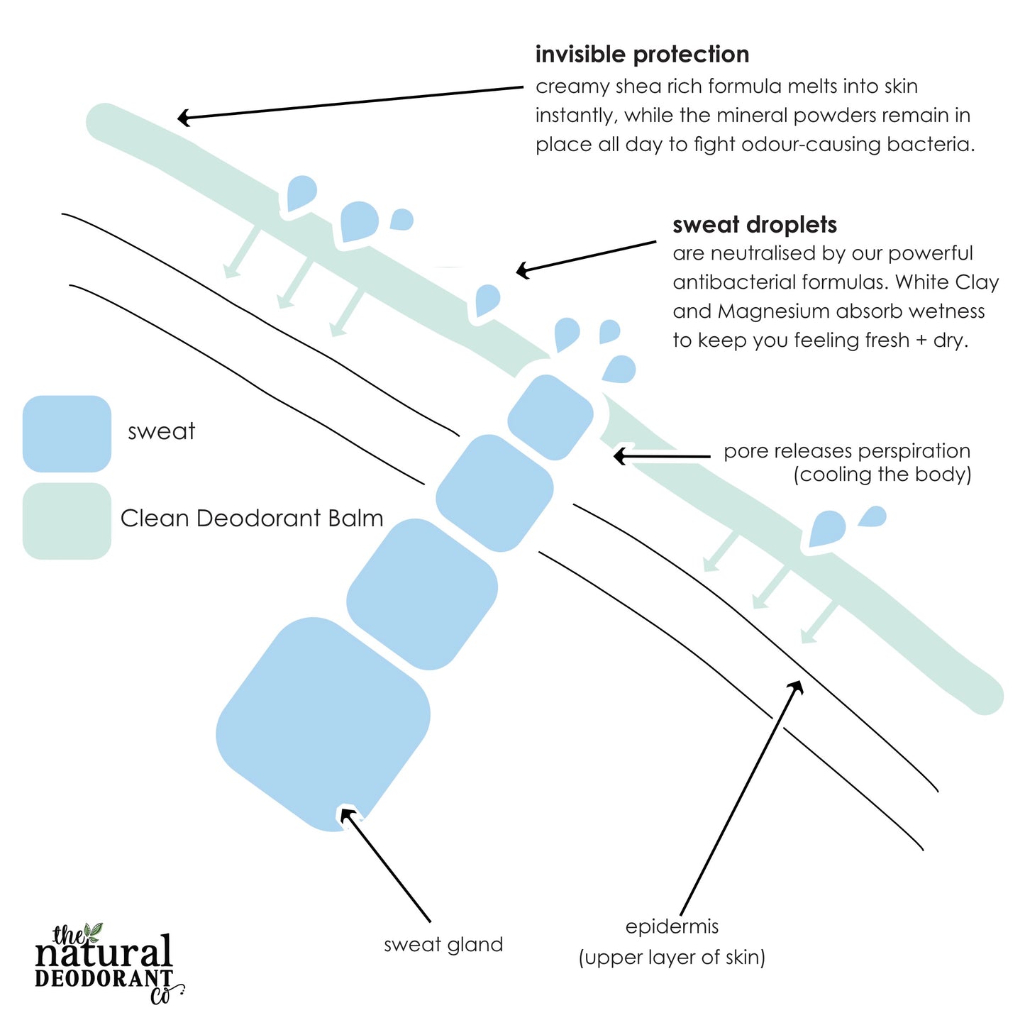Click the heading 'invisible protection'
tap(642, 55)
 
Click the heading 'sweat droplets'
tap(755, 225)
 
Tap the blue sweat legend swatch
tap(67, 433)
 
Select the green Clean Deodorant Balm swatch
tap(67, 521)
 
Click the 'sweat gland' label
tap(443, 945)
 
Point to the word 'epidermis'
tap(672, 926)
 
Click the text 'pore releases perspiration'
tap(847, 451)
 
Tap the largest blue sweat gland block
tap(323, 724)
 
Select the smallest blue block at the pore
tap(550, 417)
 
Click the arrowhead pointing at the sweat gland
tap(347, 815)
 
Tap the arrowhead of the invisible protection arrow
tap(184, 118)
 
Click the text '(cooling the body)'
tap(882, 475)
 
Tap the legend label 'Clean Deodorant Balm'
tap(252, 519)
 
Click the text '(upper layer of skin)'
tap(672, 958)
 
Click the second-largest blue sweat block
tap(422, 594)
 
